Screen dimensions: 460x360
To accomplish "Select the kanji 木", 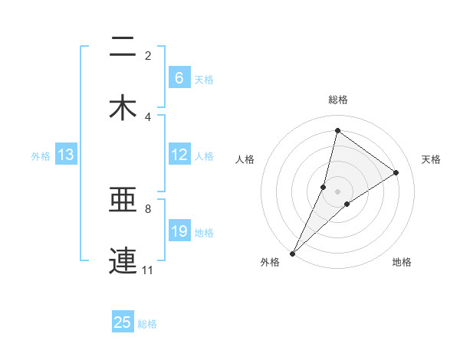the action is [123, 108].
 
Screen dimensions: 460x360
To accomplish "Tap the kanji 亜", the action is [123, 202].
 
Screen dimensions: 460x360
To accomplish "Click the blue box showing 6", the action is [179, 78].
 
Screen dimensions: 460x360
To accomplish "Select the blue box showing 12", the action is [179, 155].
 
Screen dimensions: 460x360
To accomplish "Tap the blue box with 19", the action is [179, 231].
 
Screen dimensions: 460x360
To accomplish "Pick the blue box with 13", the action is [65, 155].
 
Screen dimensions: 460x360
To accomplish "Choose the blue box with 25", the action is [123, 322].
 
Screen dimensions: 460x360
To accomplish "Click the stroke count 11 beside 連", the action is [147, 270].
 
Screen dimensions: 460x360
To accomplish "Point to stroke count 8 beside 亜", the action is [147, 208].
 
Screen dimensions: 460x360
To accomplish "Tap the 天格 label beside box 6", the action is [204, 79].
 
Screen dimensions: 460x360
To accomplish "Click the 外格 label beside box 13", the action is [41, 156].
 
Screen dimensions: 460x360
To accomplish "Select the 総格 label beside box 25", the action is [147, 324].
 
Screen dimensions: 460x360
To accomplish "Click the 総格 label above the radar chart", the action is [338, 100].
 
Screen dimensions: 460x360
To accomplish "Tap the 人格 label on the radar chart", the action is [245, 159].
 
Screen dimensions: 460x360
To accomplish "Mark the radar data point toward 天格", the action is [396, 173].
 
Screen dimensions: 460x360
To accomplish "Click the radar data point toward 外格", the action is [292, 253].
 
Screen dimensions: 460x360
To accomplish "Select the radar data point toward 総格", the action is [337, 130].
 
